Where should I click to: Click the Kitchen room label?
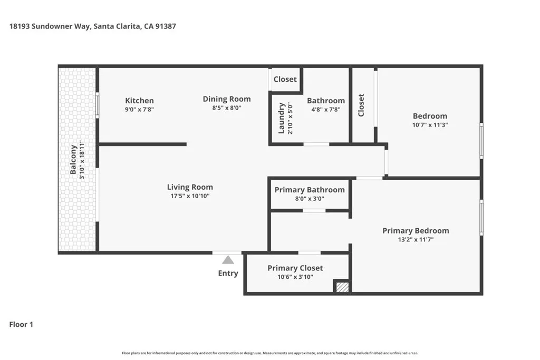pyautogui.click(x=139, y=101)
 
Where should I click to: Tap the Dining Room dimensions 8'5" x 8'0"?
pyautogui.click(x=227, y=108)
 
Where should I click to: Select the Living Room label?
pyautogui.click(x=190, y=187)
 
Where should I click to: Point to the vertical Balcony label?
pyautogui.click(x=74, y=160)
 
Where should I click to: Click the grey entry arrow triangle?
pyautogui.click(x=228, y=260)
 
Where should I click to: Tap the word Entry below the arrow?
pyautogui.click(x=228, y=273)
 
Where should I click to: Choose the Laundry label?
pyautogui.click(x=282, y=118)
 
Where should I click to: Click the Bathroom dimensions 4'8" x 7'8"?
pyautogui.click(x=326, y=110)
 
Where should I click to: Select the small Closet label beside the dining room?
pyautogui.click(x=285, y=79)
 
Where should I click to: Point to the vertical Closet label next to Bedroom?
pyautogui.click(x=361, y=105)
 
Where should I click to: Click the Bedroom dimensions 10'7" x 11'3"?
pyautogui.click(x=430, y=125)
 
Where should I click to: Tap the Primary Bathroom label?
pyautogui.click(x=310, y=190)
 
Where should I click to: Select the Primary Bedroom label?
pyautogui.click(x=416, y=230)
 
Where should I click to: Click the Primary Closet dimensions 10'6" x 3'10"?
pyautogui.click(x=295, y=277)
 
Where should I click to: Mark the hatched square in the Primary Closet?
pyautogui.click(x=342, y=287)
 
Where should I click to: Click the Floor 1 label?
pyautogui.click(x=21, y=325)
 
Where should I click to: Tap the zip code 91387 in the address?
pyautogui.click(x=165, y=26)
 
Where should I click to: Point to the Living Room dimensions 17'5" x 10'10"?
pyautogui.click(x=190, y=196)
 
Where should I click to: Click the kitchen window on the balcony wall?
pyautogui.click(x=97, y=105)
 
